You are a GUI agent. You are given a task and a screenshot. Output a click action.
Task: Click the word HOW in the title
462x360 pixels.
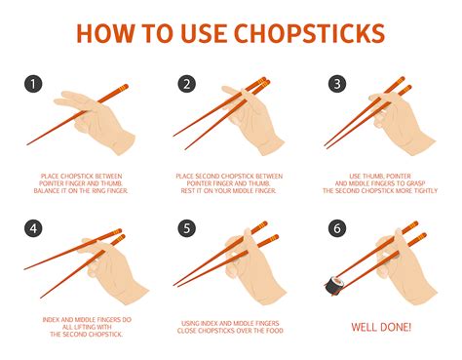(x=109, y=33)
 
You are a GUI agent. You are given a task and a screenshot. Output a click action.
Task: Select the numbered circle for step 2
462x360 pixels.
(x=186, y=84)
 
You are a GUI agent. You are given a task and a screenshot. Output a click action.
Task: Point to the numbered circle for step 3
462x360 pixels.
(x=336, y=84)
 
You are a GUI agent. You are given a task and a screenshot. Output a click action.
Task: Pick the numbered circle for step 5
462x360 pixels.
(x=186, y=230)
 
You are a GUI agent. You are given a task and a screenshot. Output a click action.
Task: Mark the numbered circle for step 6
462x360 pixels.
(x=336, y=230)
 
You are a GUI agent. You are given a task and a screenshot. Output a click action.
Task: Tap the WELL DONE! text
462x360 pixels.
(x=381, y=327)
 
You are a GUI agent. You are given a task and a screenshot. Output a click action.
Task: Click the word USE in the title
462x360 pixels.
(x=203, y=33)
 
